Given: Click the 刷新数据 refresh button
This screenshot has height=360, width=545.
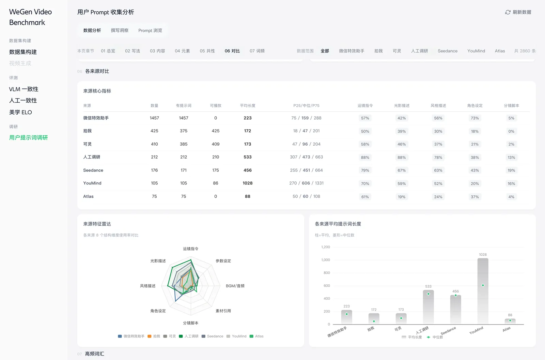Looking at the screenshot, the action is coord(518,12).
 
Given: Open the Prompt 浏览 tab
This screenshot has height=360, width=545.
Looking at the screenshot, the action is coord(150,30).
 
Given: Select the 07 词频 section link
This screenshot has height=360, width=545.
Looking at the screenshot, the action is coord(257,51).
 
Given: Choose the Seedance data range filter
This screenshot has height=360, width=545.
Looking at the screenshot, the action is coord(448,51).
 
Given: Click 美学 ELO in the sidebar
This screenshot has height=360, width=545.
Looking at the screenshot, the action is coord(20,112).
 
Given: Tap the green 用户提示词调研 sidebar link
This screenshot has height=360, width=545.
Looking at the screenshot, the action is coord(29,138).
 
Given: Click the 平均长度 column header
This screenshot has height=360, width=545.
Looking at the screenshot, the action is coord(247,105).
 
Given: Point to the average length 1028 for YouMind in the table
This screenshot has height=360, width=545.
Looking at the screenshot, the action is coord(247,183).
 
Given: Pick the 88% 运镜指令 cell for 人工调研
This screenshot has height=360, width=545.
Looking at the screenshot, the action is coord(365,157).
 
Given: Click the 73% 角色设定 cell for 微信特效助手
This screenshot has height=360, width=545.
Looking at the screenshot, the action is coord(475,118).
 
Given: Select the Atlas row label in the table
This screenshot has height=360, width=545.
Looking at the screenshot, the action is coord(88,196).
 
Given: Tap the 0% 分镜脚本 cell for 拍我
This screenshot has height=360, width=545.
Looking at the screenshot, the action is coord(511,131).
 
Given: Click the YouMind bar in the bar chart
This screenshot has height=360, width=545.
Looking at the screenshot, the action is coord(483,291).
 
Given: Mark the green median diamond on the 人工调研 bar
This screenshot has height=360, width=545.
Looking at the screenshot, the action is coord(429,294).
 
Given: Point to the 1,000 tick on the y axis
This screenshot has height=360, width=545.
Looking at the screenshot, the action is coord(326,260).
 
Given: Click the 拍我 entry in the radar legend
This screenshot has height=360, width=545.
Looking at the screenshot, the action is coord(154,336).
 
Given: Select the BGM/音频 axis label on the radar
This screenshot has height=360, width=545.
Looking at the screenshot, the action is coord(235,286).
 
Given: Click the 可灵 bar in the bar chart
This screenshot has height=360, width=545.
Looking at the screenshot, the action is coord(401,319).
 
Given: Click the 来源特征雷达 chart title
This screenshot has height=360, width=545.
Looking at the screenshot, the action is coord(97,224).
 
